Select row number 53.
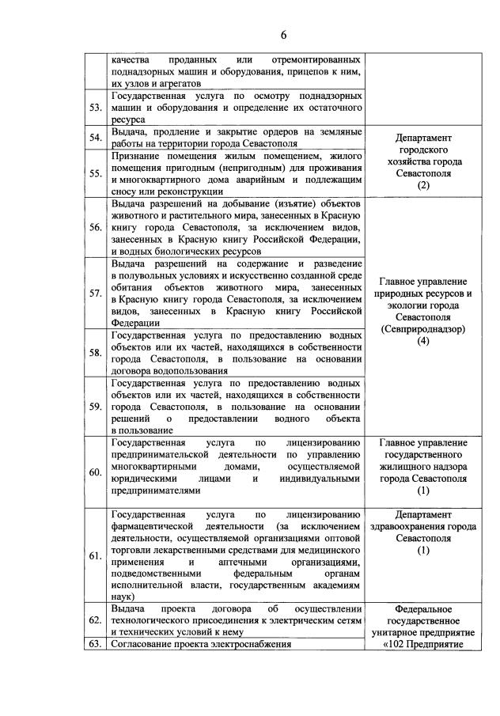point(96,108)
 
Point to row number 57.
point(96,294)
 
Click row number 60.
point(96,472)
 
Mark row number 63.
point(96,644)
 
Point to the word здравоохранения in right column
point(407,526)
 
